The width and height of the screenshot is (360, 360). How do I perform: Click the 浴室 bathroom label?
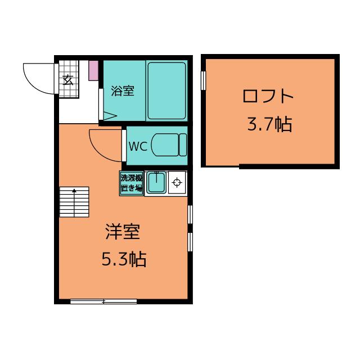[x=123, y=91]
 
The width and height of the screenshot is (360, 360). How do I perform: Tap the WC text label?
[x=138, y=146]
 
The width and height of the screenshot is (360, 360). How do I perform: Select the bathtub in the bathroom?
[x=166, y=91]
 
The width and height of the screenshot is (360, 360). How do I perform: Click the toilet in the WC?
[x=169, y=145]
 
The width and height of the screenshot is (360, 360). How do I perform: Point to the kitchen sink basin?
[x=156, y=183]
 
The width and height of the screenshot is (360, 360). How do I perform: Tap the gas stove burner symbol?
[x=177, y=183]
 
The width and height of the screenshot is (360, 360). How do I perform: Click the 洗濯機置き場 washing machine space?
[x=132, y=183]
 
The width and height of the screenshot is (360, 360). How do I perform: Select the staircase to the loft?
[x=74, y=202]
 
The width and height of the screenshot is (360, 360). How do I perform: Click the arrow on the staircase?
[x=74, y=202]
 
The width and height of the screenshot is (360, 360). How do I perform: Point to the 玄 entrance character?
[x=68, y=80]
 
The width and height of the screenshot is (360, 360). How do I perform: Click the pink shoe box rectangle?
[x=93, y=70]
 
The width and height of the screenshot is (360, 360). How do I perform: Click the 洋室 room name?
[x=123, y=231]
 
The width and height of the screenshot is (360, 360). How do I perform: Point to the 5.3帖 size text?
[x=124, y=259]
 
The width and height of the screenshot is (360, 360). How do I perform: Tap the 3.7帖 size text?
[x=269, y=124]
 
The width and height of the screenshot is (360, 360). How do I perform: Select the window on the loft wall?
[x=204, y=80]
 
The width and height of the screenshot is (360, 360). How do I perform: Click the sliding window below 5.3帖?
[x=103, y=301]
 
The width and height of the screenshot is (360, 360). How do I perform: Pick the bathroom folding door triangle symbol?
[x=110, y=116]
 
